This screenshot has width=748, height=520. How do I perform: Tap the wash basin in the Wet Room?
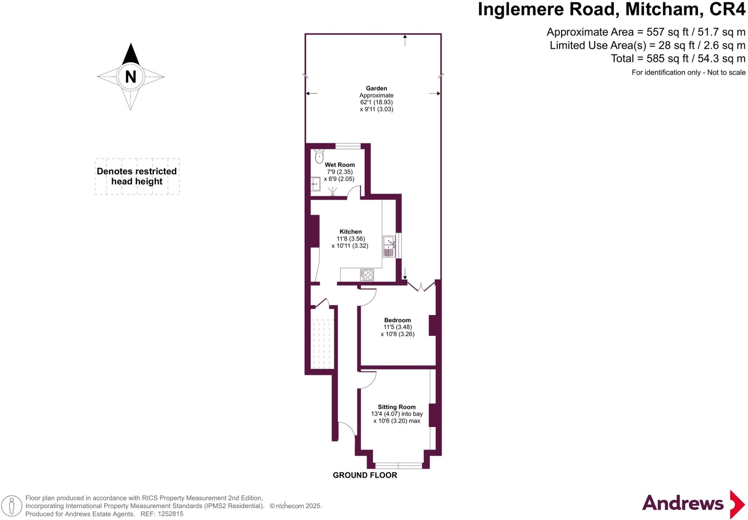point(316,184)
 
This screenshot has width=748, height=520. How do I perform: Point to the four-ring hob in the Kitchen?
point(367,275)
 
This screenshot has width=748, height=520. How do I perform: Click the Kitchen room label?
point(351,232)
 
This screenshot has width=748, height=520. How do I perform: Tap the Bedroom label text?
point(397,320)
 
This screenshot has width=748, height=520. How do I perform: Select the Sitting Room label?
point(397,407)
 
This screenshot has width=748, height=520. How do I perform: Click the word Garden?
point(376,88)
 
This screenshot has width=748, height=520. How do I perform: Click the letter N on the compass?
point(130,77)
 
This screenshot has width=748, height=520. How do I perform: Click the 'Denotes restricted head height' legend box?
point(137,176)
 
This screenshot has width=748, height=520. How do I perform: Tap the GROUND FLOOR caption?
point(365,475)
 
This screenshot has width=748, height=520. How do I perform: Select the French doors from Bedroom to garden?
point(421,287)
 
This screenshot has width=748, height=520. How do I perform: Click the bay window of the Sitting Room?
point(398,466)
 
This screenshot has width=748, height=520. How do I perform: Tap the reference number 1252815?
point(170,514)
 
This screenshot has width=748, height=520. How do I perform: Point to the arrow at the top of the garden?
point(405,39)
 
